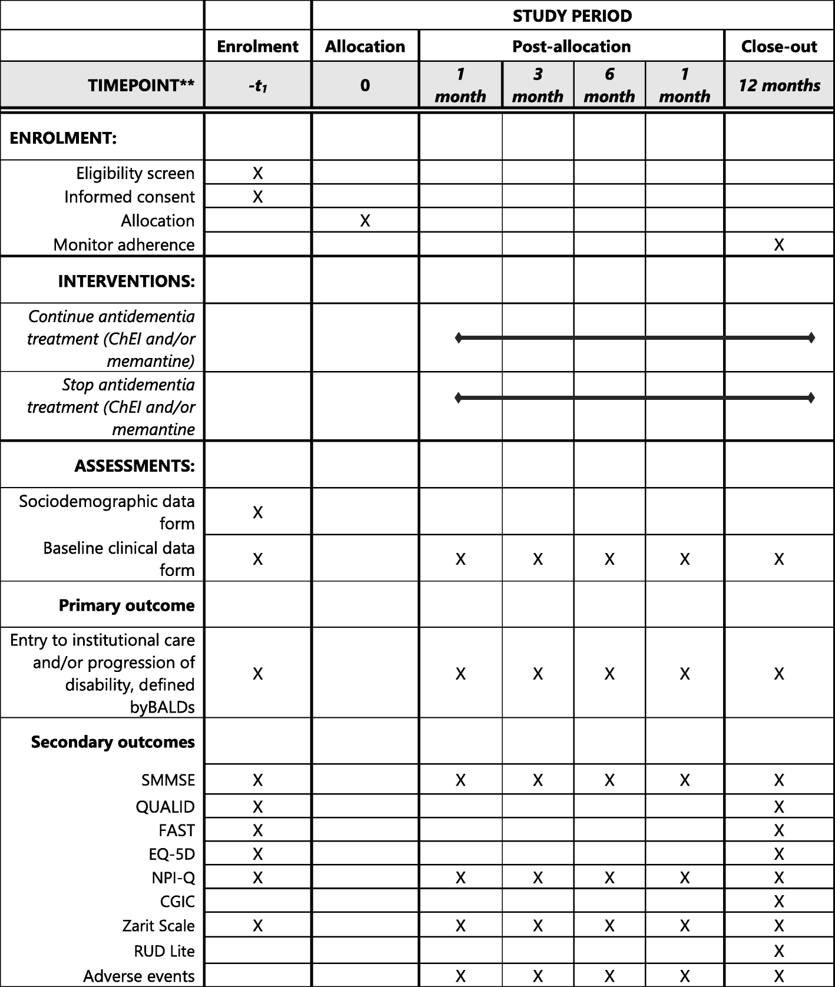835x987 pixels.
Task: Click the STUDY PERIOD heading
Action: coord(572,16)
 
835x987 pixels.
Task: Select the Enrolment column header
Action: coord(257,47)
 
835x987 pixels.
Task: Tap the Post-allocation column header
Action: coord(571,47)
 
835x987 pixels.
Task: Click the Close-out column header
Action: coord(778,47)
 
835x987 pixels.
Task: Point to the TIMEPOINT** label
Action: coord(141,85)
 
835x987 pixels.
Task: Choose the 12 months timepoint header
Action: coord(778,85)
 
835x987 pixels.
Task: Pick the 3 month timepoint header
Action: coord(538,85)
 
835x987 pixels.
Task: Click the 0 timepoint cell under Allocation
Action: coord(365,85)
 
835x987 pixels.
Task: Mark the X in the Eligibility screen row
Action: coord(257,173)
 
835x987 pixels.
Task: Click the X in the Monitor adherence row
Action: coord(778,244)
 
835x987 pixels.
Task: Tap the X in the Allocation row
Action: coord(365,221)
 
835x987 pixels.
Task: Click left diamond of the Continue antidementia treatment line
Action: coord(459,338)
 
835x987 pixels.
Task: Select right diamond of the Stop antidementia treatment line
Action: coord(811,398)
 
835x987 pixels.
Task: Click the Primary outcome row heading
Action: coord(127,605)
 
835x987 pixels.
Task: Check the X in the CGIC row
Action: coord(778,902)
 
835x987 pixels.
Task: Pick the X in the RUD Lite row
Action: coord(778,951)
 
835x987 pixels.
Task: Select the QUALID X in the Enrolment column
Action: coord(257,807)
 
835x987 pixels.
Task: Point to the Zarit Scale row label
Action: coord(158,926)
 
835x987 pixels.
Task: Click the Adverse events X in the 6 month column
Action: coord(609,976)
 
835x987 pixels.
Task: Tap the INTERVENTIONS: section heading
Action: coord(126,281)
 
